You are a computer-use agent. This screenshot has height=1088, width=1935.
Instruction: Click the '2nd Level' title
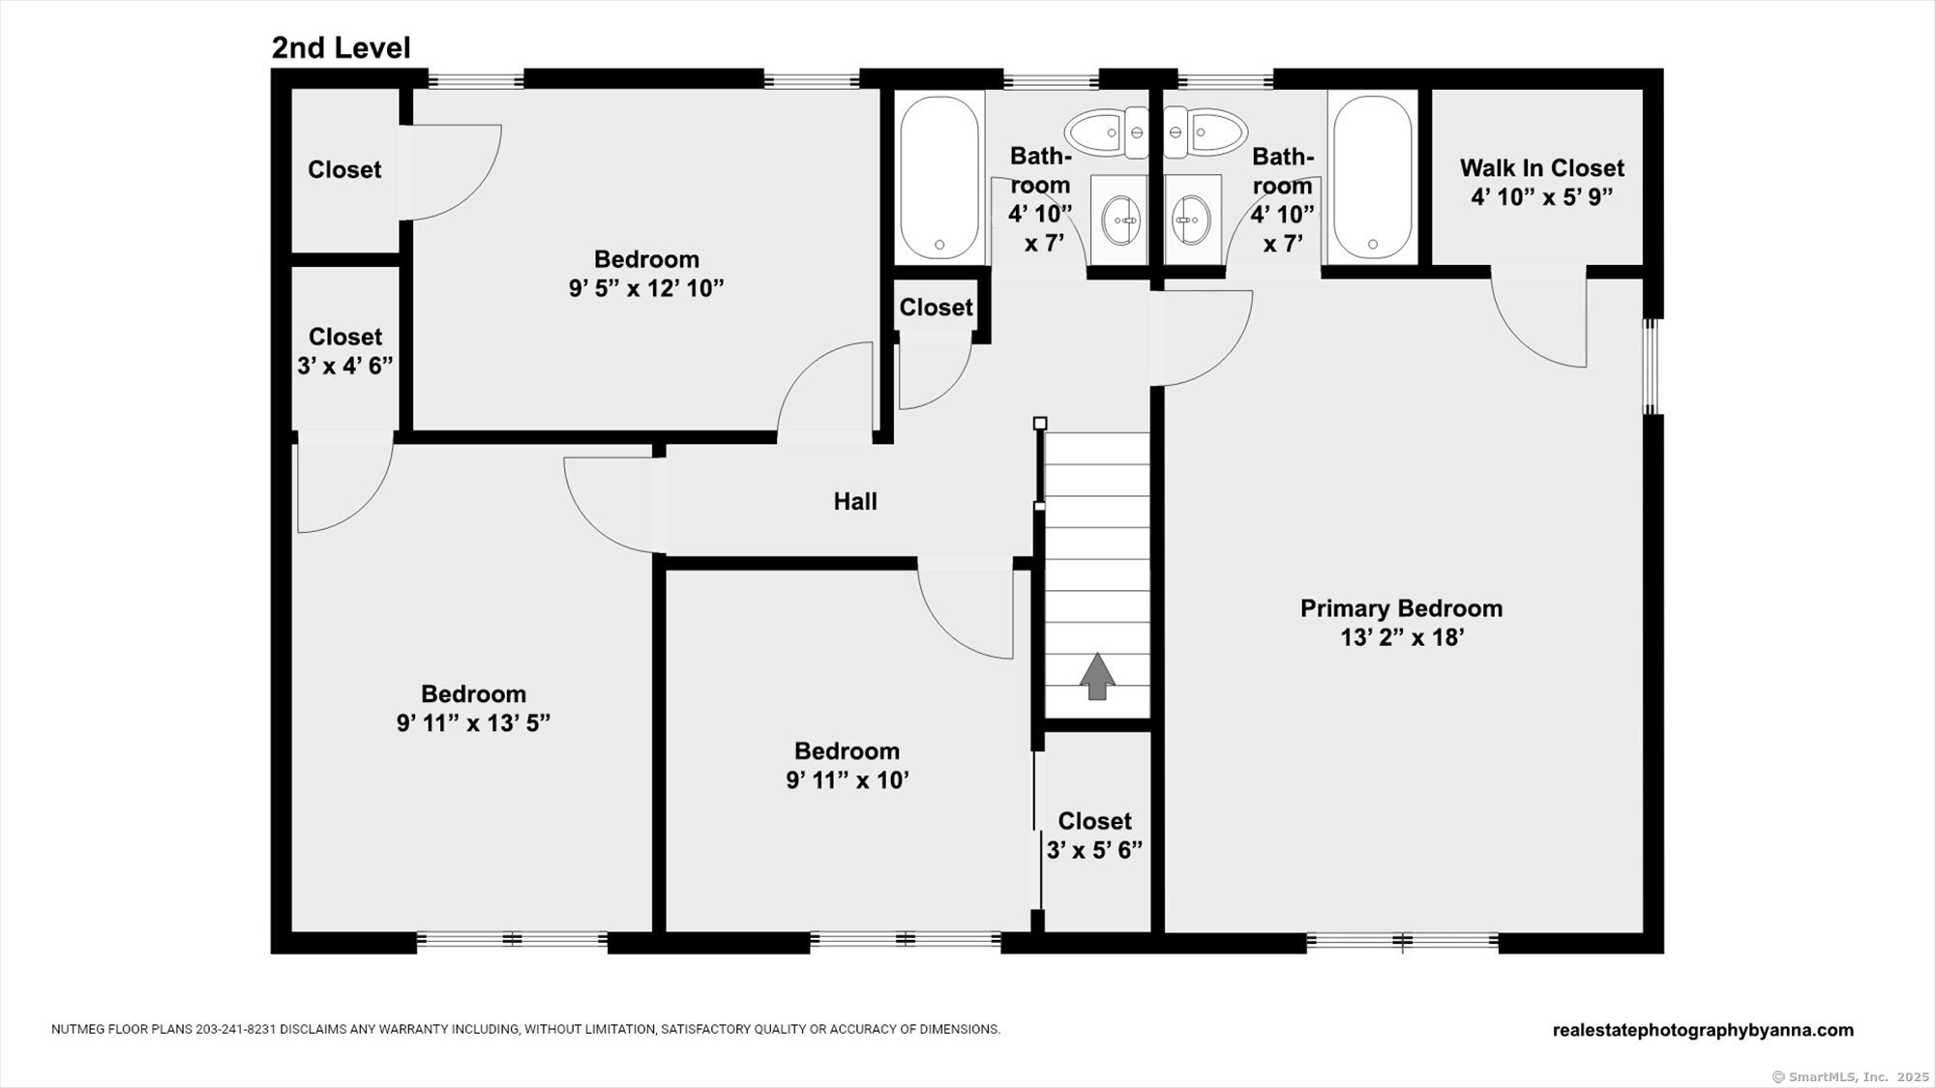coord(341,47)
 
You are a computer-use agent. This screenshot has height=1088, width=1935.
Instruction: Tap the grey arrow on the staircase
coord(1097,676)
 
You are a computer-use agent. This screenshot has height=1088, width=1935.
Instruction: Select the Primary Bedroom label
coord(1401,608)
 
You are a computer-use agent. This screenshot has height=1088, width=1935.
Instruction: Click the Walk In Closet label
coord(1541,168)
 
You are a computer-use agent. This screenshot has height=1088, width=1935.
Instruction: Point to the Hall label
coord(855,501)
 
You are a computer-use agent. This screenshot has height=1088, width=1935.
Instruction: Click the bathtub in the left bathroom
coord(938,176)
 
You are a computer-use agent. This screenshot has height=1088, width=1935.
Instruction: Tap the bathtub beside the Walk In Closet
coord(1372,176)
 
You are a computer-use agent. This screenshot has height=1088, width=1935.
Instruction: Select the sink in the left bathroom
coord(1121,220)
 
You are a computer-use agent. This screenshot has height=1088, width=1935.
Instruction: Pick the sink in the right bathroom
coord(1191,220)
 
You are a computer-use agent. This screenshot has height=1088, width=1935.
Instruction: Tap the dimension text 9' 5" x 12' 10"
coord(646,288)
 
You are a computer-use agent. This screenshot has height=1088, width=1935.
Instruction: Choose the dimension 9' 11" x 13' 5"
coord(473,723)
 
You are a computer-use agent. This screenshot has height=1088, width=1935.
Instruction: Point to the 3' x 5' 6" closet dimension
coord(1094,850)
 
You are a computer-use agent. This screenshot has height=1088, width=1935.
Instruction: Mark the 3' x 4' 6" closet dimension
coord(344,366)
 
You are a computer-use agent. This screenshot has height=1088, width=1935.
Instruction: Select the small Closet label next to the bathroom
coord(936,308)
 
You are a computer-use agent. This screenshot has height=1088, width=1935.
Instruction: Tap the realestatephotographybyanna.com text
coord(1703,1030)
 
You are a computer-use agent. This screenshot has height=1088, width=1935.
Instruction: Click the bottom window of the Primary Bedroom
coord(1402,939)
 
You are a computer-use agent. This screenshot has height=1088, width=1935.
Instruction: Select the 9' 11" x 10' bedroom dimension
coord(847,780)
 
